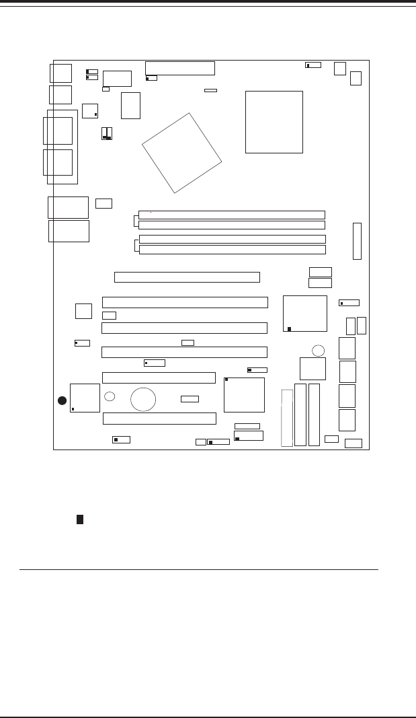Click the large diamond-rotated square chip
182,153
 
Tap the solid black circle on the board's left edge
61,401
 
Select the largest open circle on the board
143,399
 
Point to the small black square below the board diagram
79,519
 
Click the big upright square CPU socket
274,122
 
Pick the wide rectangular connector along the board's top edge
180,67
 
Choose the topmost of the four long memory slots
232,215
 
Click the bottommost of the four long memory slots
232,250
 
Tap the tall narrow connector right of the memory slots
357,241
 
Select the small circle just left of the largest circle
110,397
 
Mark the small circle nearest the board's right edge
319,350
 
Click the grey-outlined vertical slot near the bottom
287,417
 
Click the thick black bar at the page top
208,2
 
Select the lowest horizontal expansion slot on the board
159,419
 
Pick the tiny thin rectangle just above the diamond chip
210,89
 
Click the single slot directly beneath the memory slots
187,277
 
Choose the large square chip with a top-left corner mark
244,395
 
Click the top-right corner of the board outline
369,61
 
